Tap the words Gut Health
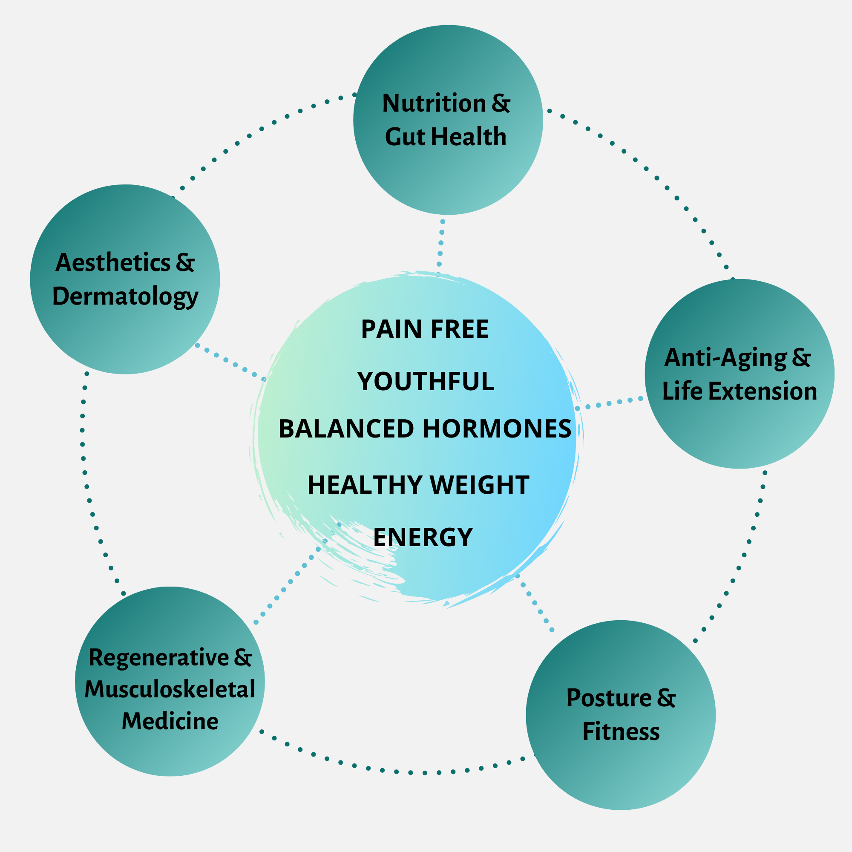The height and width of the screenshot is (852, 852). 446,137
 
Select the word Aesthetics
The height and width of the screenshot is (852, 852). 113,263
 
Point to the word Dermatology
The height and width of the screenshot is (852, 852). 125,296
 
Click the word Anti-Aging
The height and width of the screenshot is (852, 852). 725,358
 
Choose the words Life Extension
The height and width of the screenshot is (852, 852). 740,391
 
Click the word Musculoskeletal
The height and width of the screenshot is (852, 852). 170,690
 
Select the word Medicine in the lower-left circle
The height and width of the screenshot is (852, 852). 170,722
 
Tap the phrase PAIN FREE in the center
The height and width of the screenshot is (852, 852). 425,329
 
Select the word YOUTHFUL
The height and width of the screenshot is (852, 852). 426,381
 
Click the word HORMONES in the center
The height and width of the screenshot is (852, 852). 497,429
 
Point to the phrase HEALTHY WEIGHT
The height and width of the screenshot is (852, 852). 418,485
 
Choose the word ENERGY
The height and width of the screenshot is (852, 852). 423,537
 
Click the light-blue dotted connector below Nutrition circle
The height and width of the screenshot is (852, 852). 441,243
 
